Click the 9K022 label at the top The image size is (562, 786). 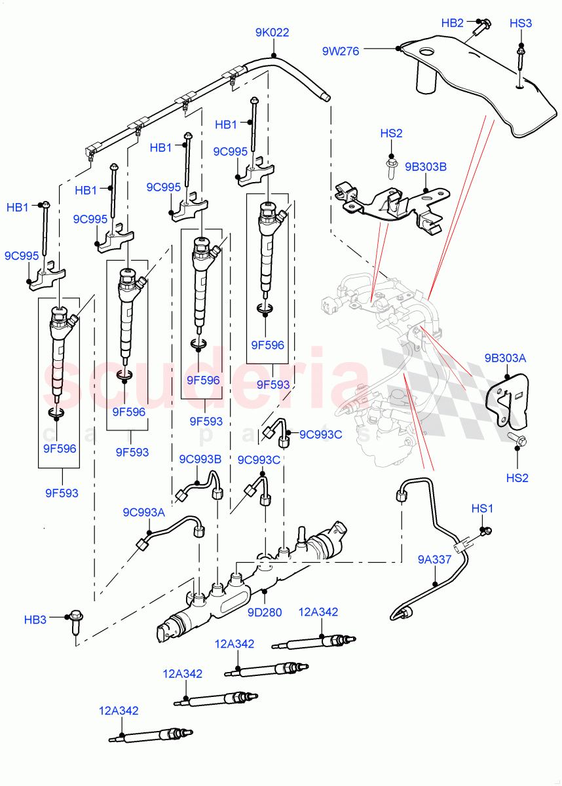272,33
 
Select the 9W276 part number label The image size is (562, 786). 341,51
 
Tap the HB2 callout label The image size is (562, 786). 452,23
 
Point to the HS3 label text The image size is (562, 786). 521,24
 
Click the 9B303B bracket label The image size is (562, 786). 425,167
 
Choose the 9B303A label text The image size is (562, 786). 505,358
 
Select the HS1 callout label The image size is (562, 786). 482,508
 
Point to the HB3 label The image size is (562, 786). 35,618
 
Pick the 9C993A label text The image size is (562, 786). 144,512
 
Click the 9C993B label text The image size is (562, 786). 200,459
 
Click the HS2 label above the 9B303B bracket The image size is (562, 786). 391,134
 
